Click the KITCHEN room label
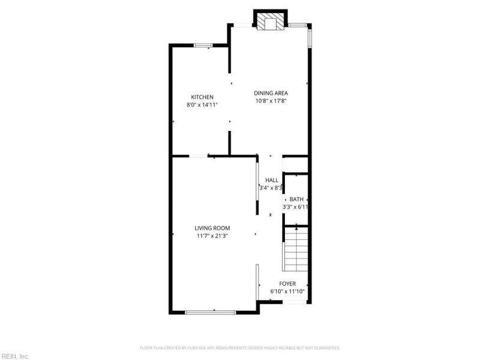[202, 97]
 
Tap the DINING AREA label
[271, 93]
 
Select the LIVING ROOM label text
[212, 228]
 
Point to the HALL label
[272, 180]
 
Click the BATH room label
[296, 199]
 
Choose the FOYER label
[287, 283]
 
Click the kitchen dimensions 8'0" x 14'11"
[202, 105]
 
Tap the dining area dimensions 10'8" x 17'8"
[271, 101]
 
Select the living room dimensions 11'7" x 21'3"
[212, 236]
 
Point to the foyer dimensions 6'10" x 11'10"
[288, 292]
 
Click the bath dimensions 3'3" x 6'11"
[296, 207]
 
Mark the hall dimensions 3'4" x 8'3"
[271, 188]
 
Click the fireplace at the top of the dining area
[270, 22]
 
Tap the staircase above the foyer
[296, 249]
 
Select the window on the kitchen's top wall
[203, 45]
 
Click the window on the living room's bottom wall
[209, 312]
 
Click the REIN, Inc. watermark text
[14, 356]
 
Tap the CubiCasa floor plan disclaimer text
[240, 347]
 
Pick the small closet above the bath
[295, 165]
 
